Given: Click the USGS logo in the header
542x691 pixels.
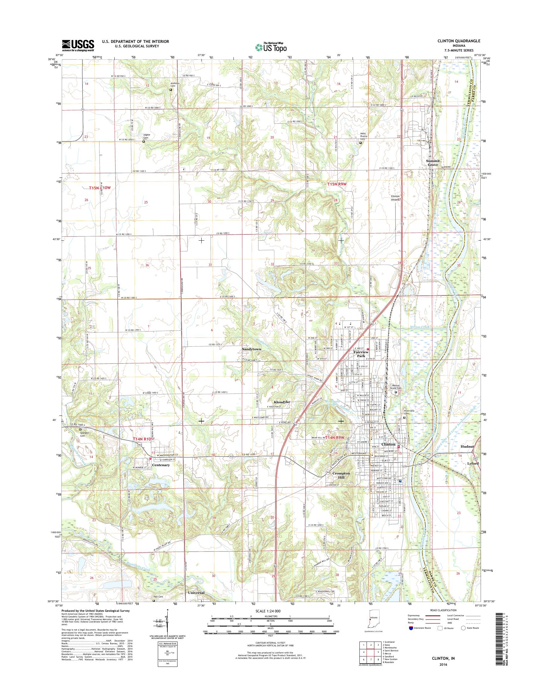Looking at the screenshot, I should [78, 45].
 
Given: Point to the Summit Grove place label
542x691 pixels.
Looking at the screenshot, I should [432, 163].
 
